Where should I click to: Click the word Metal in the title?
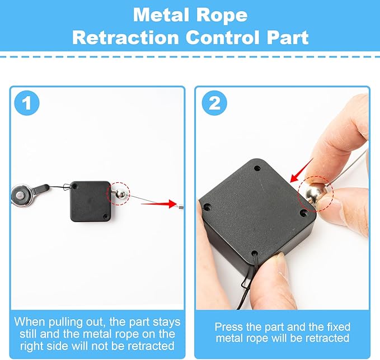(161, 15)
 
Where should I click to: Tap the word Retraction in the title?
(125, 37)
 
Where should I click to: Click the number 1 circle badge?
(27, 103)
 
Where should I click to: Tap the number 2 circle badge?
(214, 103)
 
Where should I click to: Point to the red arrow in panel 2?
(301, 170)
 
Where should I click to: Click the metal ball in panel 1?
(120, 193)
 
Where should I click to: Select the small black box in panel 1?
(90, 201)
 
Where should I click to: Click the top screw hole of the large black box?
(257, 168)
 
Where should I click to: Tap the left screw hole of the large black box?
(207, 207)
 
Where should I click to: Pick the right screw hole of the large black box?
(302, 213)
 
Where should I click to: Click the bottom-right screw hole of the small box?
(105, 216)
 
